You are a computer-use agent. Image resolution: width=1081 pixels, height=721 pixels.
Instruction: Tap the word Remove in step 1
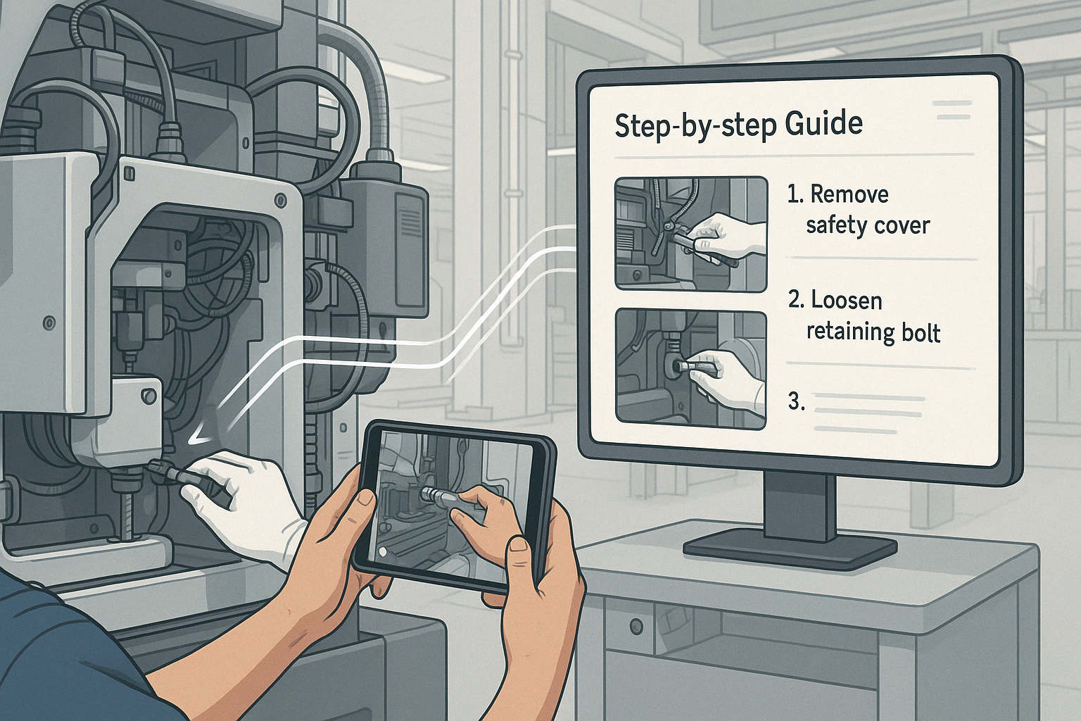click(849, 194)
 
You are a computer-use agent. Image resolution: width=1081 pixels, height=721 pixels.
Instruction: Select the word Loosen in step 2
click(847, 301)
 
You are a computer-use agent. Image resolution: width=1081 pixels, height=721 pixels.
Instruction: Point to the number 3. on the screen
click(797, 402)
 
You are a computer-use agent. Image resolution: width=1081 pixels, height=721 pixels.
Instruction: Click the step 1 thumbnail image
click(691, 234)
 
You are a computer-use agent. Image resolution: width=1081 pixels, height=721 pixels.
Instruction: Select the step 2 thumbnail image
click(691, 370)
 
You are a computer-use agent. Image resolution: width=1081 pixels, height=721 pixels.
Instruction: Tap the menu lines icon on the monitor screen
click(952, 110)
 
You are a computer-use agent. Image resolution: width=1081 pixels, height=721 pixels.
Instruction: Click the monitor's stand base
click(790, 550)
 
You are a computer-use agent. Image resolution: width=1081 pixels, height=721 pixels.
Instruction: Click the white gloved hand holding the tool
click(241, 502)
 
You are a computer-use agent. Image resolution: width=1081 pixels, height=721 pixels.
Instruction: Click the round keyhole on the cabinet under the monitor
click(636, 627)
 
